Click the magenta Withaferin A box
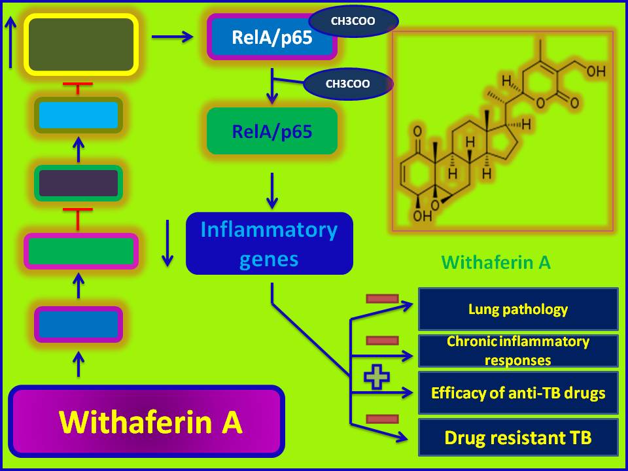pyautogui.click(x=147, y=423)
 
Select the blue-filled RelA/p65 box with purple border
pyautogui.click(x=271, y=37)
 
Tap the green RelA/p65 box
pyautogui.click(x=272, y=131)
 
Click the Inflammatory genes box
pyautogui.click(x=270, y=243)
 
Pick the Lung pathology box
pyautogui.click(x=518, y=309)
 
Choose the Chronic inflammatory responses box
pyautogui.click(x=518, y=351)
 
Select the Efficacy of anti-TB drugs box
pyautogui.click(x=518, y=393)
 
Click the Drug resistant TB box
pyautogui.click(x=518, y=437)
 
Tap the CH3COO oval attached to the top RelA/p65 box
pyautogui.click(x=353, y=21)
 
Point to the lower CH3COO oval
pyautogui.click(x=348, y=84)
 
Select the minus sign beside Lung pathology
pyautogui.click(x=382, y=299)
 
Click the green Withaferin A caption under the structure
pyautogui.click(x=496, y=263)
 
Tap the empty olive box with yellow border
pyautogui.click(x=81, y=43)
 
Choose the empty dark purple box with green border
pyautogui.click(x=78, y=183)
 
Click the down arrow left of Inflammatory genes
pyautogui.click(x=167, y=243)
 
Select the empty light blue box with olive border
pyautogui.click(x=78, y=115)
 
